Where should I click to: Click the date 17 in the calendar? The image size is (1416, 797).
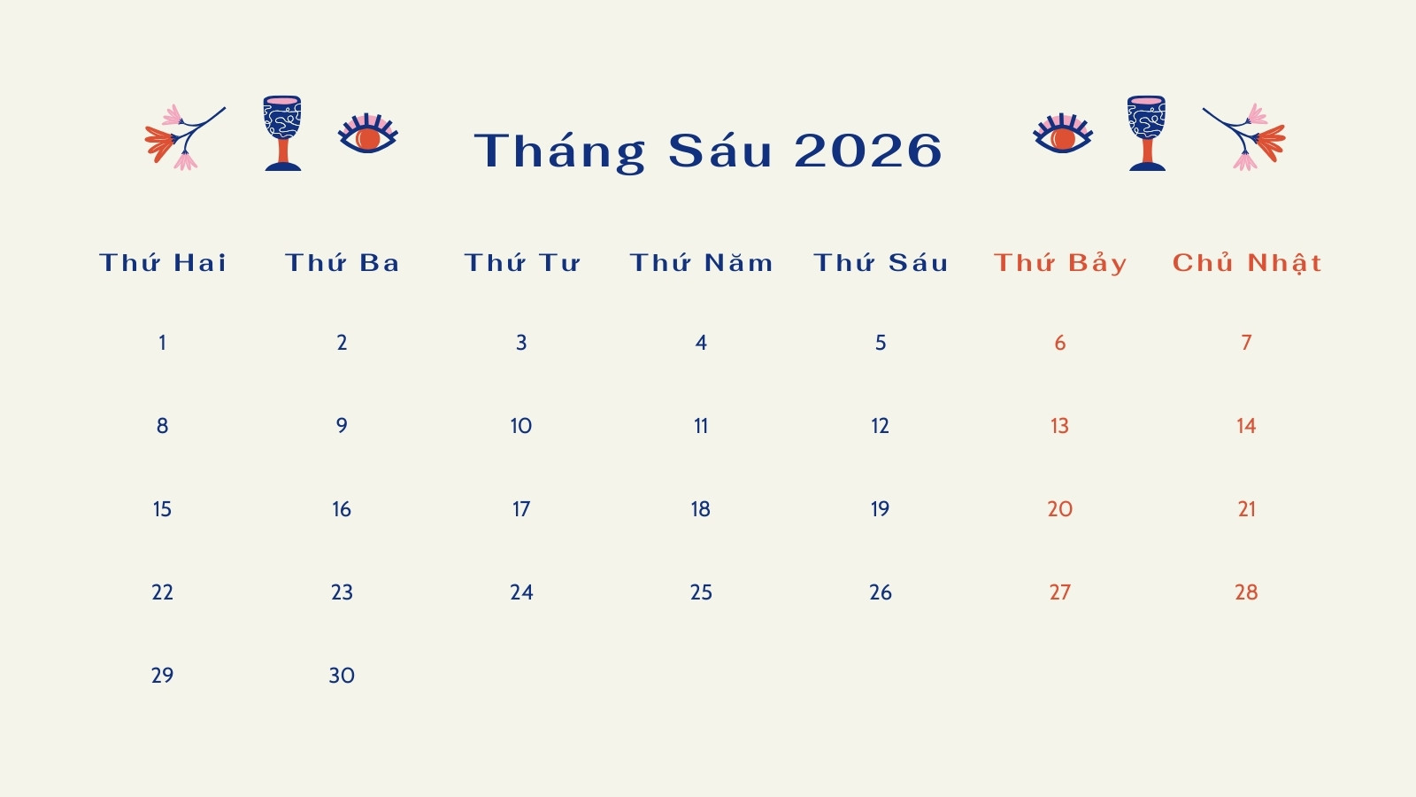pyautogui.click(x=521, y=509)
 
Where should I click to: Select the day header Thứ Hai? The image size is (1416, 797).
pyautogui.click(x=163, y=262)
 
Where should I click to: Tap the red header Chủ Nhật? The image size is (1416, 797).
pyautogui.click(x=1247, y=262)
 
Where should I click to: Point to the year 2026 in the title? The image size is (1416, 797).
pyautogui.click(x=868, y=151)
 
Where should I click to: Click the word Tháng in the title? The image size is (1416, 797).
pyautogui.click(x=559, y=151)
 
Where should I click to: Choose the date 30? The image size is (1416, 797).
pyautogui.click(x=342, y=676)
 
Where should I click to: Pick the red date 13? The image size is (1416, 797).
pyautogui.click(x=1059, y=426)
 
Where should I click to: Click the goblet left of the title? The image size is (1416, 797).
pyautogui.click(x=282, y=134)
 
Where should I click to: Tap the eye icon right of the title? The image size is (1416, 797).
pyautogui.click(x=1063, y=134)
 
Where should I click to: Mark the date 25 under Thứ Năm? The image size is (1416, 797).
pyautogui.click(x=701, y=592)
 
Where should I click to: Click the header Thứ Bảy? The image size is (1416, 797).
pyautogui.click(x=1060, y=262)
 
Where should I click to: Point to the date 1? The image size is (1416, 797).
pyautogui.click(x=163, y=343)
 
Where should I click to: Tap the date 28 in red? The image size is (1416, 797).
pyautogui.click(x=1246, y=592)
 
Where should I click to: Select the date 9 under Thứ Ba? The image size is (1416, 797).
pyautogui.click(x=342, y=426)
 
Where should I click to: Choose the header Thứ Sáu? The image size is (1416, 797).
pyautogui.click(x=881, y=262)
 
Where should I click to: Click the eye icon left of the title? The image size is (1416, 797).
pyautogui.click(x=368, y=134)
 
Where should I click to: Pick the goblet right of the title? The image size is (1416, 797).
pyautogui.click(x=1147, y=134)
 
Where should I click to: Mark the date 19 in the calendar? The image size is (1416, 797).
pyautogui.click(x=880, y=509)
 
